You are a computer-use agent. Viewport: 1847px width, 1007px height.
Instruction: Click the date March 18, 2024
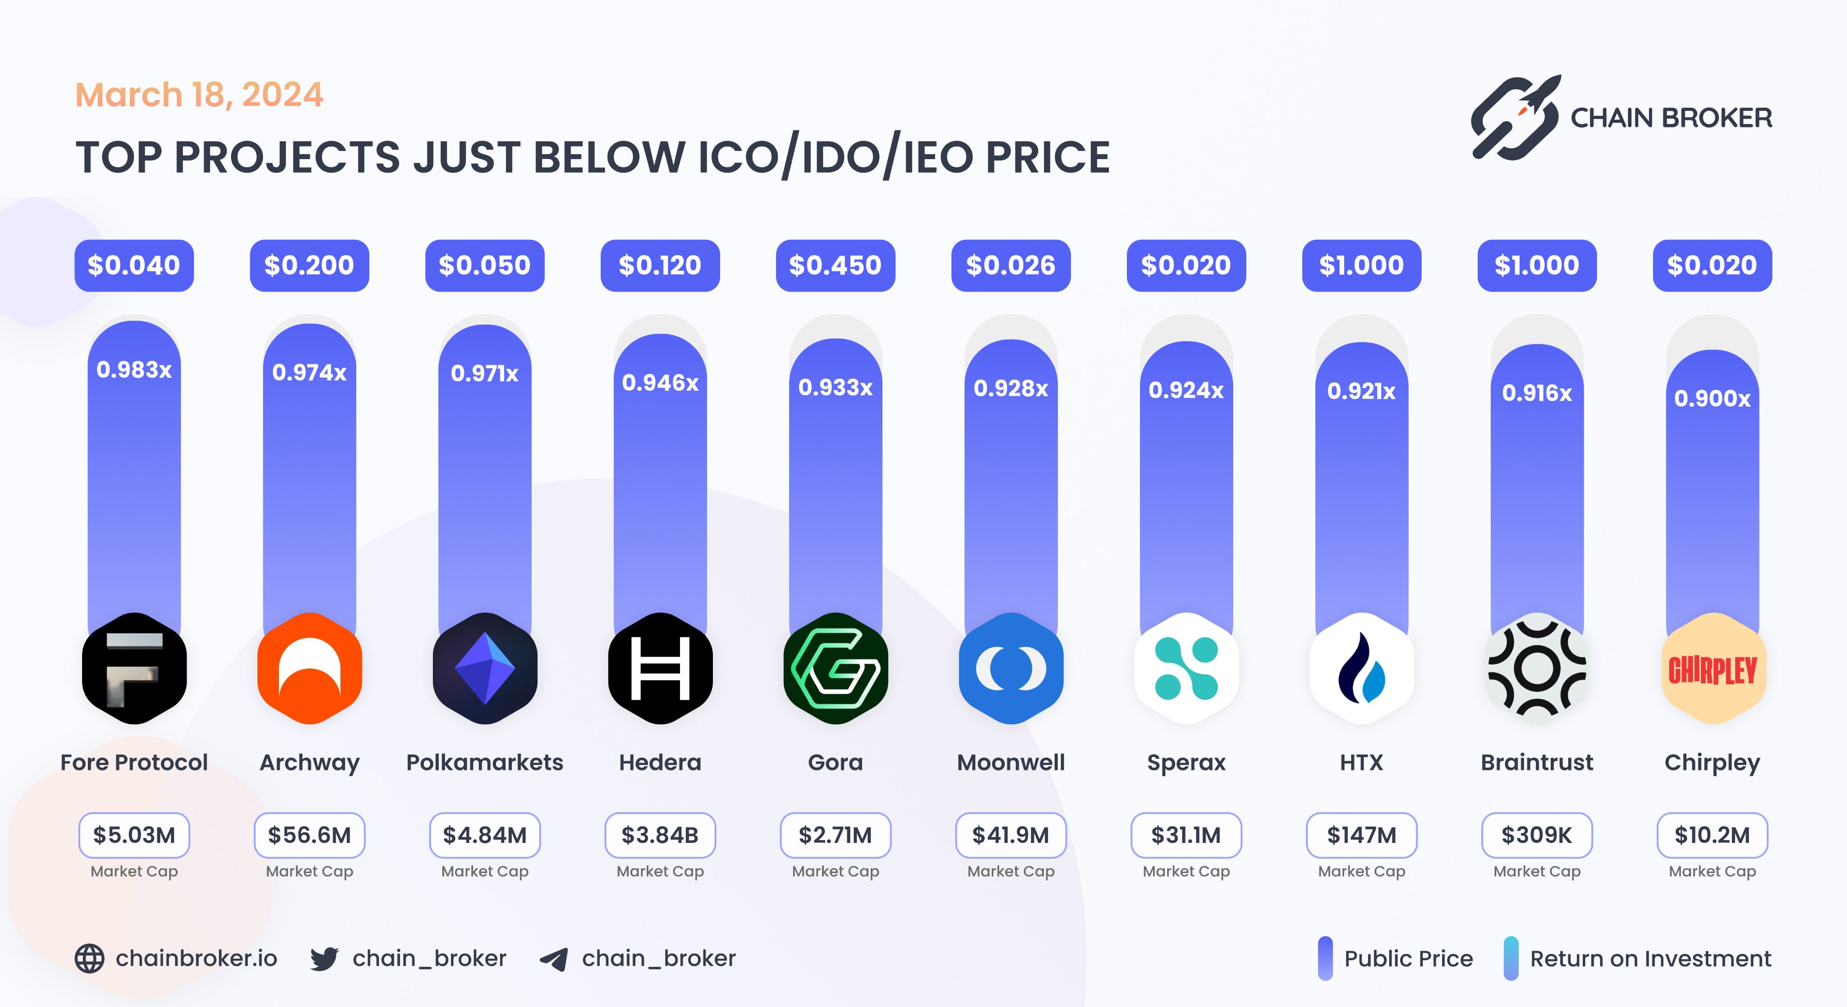(x=199, y=95)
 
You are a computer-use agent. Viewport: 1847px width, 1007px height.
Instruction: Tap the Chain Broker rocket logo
(x=1515, y=117)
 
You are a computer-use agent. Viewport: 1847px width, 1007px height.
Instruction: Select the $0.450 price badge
(x=835, y=265)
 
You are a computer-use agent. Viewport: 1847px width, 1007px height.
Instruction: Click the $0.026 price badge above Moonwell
(x=1010, y=265)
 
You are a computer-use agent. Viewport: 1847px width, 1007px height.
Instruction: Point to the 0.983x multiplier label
(x=134, y=370)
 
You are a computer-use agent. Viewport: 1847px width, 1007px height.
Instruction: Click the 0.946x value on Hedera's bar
(x=660, y=383)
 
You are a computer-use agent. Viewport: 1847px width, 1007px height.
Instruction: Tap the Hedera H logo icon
(x=660, y=668)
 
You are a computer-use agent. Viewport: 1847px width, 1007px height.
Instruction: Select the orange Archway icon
(x=310, y=668)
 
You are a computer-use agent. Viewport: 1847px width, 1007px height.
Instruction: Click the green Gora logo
(x=835, y=668)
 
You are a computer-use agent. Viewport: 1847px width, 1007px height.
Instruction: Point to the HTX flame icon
(x=1362, y=668)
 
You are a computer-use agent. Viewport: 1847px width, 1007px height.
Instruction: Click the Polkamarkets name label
(x=485, y=762)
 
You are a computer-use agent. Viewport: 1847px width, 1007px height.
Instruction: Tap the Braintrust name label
(x=1537, y=762)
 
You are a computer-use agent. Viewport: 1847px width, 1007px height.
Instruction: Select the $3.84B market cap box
(x=660, y=835)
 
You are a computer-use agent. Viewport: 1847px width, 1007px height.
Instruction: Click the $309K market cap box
(x=1537, y=835)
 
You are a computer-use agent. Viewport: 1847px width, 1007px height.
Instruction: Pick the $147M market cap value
(x=1362, y=835)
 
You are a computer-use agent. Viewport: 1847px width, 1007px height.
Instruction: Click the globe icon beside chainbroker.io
(x=90, y=958)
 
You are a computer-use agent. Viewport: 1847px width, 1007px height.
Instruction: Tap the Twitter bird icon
(x=324, y=958)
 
